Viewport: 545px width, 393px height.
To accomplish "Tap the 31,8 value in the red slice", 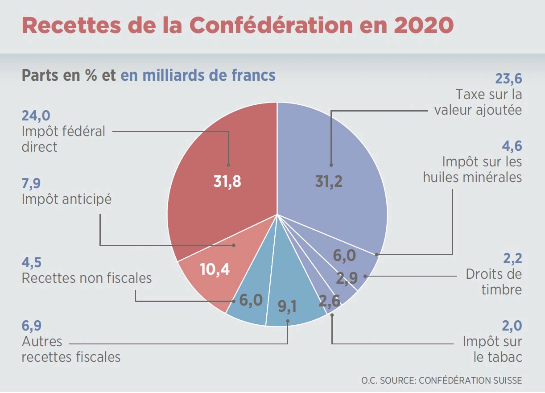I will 227,181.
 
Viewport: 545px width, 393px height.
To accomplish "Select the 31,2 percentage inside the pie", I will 329,181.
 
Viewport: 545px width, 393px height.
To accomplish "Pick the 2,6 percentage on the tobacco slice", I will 330,301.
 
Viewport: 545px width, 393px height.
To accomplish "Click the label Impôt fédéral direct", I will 63,139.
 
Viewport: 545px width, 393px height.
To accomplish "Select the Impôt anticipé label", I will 66,199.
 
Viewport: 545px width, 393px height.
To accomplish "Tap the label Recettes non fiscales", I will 87,278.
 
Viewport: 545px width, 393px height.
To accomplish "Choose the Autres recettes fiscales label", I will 71,350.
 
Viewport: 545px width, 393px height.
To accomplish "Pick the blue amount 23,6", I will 508,79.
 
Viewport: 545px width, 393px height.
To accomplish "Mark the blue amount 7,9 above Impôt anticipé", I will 31,184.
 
